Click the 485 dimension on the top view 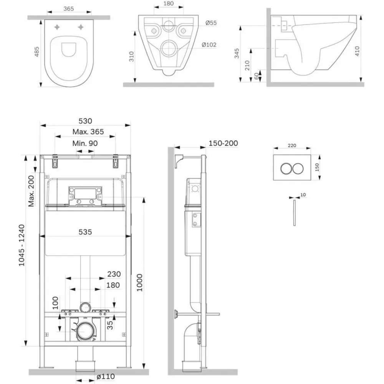coord(36,52)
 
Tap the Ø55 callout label coord(211,23)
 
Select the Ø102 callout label coord(209,45)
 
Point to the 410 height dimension coord(357,51)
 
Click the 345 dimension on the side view coord(237,53)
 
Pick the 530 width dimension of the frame coord(85,121)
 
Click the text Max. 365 coord(88,132)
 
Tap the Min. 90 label coord(85,143)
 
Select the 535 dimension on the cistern coord(85,232)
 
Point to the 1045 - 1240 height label coord(22,245)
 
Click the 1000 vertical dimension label coord(139,283)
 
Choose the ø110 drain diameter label coord(106,376)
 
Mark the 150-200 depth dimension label coord(223,143)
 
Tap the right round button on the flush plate coord(298,169)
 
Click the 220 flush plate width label coord(292,146)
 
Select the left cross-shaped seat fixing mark coord(57,27)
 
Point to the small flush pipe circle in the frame coord(85,307)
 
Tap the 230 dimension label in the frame coord(114,274)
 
